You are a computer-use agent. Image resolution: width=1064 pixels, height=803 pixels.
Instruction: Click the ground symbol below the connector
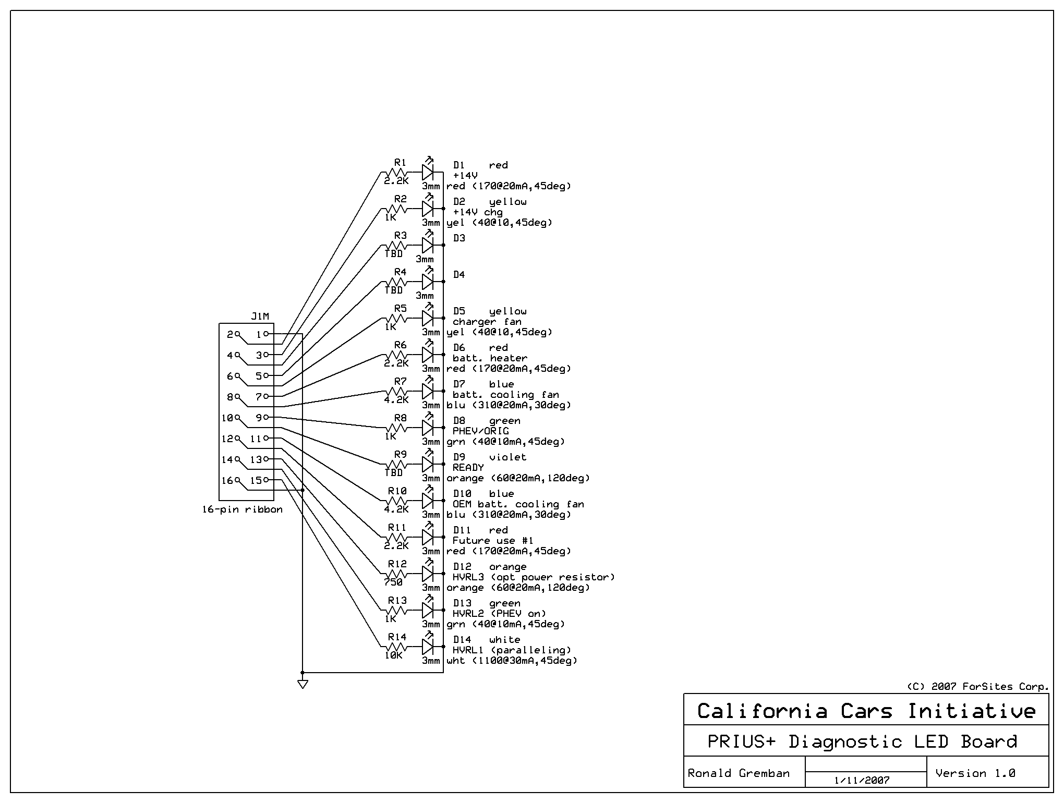click(x=303, y=684)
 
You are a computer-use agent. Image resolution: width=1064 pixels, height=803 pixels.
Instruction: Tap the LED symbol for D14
click(x=428, y=647)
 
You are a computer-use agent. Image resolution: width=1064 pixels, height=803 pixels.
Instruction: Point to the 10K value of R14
click(x=394, y=655)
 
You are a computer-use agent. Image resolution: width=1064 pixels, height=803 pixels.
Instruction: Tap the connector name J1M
click(x=260, y=317)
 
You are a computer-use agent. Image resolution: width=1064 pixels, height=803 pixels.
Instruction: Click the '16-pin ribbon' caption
click(x=243, y=509)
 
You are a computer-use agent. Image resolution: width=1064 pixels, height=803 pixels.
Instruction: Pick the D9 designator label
click(x=459, y=457)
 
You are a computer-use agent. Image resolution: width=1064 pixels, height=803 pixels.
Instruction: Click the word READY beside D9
click(x=468, y=468)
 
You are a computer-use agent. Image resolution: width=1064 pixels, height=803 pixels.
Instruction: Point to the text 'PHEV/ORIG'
click(x=480, y=431)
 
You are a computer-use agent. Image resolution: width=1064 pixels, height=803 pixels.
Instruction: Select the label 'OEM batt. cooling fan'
click(x=518, y=504)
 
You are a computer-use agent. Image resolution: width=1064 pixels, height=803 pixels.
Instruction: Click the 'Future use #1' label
click(x=493, y=541)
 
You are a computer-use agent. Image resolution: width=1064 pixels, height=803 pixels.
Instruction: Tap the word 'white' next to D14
click(x=504, y=640)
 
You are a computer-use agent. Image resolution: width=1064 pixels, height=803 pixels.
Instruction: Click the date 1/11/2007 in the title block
click(x=862, y=781)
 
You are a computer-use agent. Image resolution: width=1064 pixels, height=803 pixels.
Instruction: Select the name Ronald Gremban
click(x=739, y=773)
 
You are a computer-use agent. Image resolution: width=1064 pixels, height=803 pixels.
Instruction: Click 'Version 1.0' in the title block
click(x=975, y=773)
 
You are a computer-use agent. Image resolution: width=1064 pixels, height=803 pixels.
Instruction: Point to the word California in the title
click(x=762, y=711)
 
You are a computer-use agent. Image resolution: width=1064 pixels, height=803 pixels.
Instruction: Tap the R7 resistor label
click(x=400, y=382)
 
